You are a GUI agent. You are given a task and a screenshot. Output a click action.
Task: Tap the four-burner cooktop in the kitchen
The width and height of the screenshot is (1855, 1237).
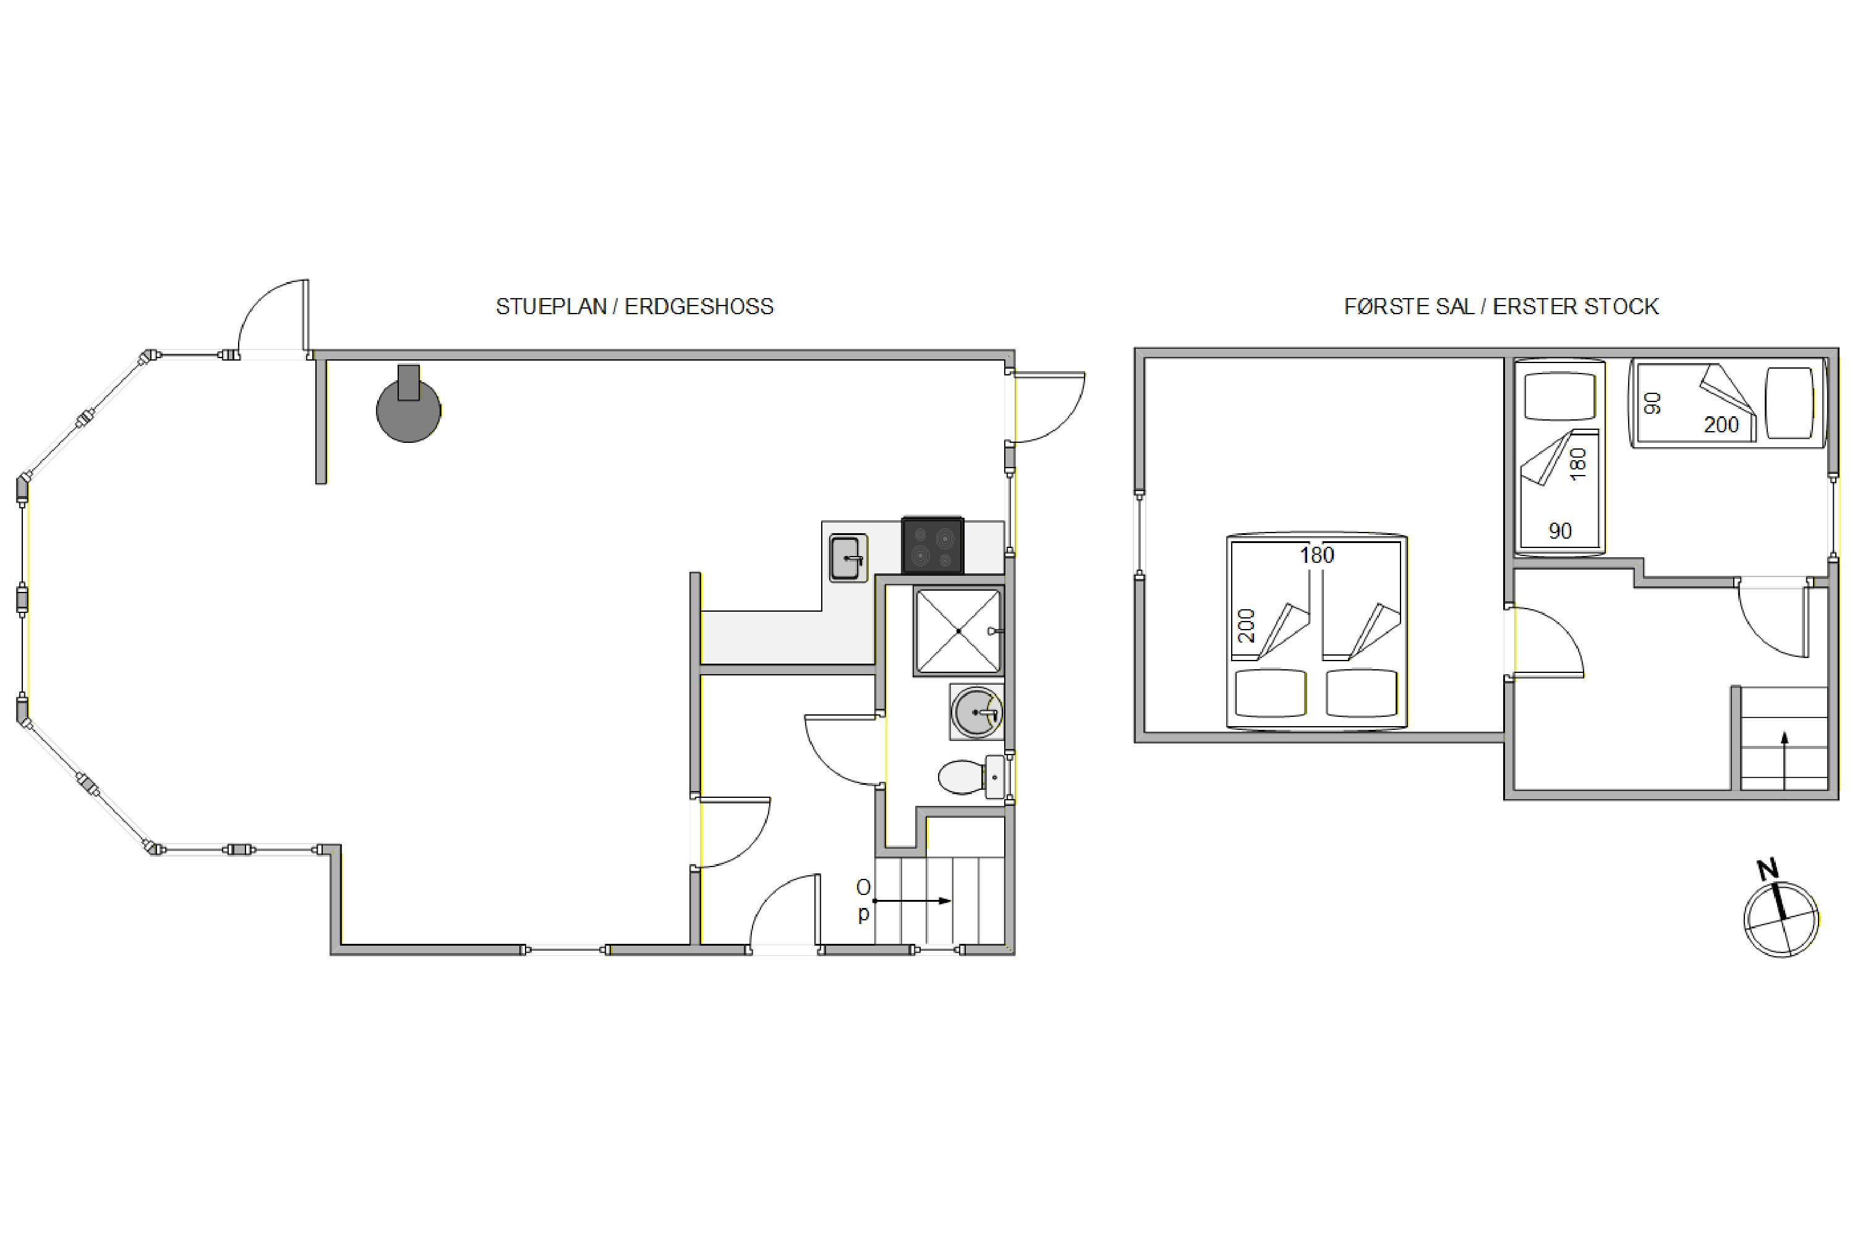tap(932, 544)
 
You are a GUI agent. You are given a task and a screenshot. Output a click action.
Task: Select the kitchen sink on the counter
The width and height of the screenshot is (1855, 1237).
tap(848, 558)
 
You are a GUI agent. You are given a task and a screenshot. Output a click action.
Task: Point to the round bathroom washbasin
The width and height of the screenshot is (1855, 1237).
tap(977, 712)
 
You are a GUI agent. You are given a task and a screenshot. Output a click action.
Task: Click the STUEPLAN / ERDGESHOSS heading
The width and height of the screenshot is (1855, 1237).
tap(635, 307)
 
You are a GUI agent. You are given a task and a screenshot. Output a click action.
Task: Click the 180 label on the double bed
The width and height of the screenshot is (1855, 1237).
tap(1317, 555)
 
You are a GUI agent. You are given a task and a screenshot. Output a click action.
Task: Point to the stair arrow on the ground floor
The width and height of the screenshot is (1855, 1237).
tap(911, 901)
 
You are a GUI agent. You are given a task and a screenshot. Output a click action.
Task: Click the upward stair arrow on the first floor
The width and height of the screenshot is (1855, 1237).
tap(1784, 761)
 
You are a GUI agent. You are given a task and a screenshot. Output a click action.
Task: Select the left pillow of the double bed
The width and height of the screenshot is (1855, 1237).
tap(1271, 693)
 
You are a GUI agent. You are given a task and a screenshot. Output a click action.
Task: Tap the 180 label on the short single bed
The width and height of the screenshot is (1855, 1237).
tap(1577, 464)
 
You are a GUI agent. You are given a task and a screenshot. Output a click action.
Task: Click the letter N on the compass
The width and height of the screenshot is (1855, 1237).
tap(1767, 870)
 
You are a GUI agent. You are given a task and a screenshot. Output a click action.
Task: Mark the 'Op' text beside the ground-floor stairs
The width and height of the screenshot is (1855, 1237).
tap(864, 900)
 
